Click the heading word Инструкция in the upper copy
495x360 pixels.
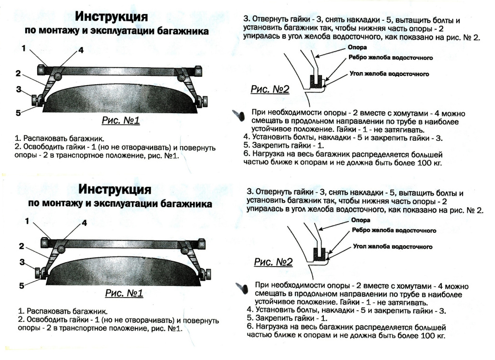coord(111,16)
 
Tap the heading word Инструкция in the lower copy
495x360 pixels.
coord(115,189)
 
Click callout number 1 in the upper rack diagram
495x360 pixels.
coord(24,48)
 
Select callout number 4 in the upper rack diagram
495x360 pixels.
coord(81,50)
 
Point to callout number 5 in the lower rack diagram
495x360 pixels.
coord(21,285)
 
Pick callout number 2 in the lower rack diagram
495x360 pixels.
coord(21,246)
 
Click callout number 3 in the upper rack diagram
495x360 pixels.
coord(19,90)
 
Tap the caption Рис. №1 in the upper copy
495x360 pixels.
coord(120,120)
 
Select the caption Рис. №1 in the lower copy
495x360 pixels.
coord(124,293)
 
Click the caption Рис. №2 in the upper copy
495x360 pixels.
coord(270,89)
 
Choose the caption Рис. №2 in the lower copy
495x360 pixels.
coord(274,262)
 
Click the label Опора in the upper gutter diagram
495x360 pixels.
coord(357,47)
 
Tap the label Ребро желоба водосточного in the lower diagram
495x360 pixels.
coord(394,230)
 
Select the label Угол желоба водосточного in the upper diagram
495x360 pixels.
coord(389,74)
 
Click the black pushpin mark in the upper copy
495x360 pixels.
coord(239,115)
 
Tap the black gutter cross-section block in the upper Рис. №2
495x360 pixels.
coord(316,81)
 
